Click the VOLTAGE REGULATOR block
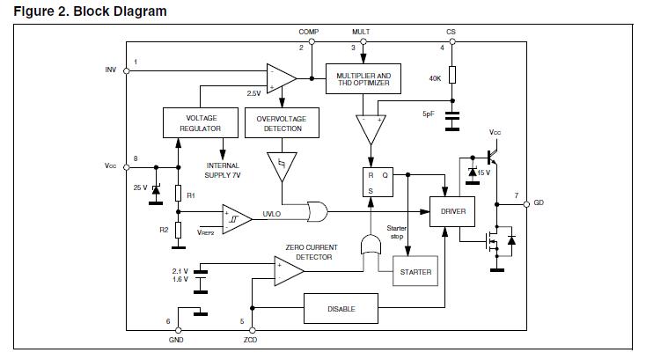(201, 122)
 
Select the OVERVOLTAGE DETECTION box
(280, 122)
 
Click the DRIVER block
(451, 211)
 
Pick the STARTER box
(415, 272)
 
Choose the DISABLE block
(341, 308)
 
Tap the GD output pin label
(539, 203)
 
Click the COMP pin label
(309, 32)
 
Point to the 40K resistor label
(436, 78)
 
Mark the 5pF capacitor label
(429, 114)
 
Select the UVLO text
(272, 214)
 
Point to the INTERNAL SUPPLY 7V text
(224, 170)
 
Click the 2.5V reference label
(253, 92)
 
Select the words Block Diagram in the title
(119, 11)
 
